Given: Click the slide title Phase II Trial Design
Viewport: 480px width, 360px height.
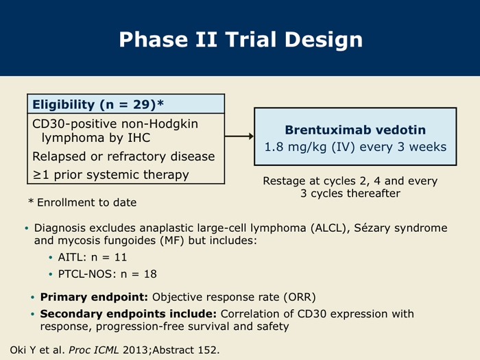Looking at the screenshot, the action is [x=241, y=40].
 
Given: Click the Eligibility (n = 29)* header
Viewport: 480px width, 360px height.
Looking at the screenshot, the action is [x=98, y=104].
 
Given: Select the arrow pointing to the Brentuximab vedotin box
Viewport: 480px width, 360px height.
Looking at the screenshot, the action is [x=239, y=136].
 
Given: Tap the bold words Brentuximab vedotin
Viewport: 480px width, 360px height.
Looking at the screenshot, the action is [x=355, y=130].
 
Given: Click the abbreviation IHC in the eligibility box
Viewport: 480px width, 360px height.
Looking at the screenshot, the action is [x=139, y=138].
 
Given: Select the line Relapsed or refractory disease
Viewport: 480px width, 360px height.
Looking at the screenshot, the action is [x=123, y=156].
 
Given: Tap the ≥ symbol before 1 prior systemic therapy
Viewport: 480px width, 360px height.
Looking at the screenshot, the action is [x=37, y=175].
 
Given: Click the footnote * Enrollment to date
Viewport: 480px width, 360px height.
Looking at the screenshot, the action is [x=82, y=202].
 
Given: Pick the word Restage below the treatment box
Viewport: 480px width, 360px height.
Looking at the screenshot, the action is [x=284, y=181].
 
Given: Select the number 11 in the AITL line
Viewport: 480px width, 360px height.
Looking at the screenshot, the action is [x=121, y=257].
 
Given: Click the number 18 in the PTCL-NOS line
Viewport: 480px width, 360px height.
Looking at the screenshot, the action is [x=150, y=274].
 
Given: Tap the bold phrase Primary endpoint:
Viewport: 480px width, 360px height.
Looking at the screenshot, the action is [x=94, y=297].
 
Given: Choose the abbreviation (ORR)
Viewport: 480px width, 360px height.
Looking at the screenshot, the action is [x=300, y=297].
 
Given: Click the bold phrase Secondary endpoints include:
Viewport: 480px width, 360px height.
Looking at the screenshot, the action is [x=128, y=314].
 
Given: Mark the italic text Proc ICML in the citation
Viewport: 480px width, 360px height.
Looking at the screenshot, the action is [x=94, y=350].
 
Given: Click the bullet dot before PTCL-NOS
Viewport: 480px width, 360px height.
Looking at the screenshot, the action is [x=51, y=274].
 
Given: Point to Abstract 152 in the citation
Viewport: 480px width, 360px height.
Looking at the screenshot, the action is [x=184, y=350].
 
